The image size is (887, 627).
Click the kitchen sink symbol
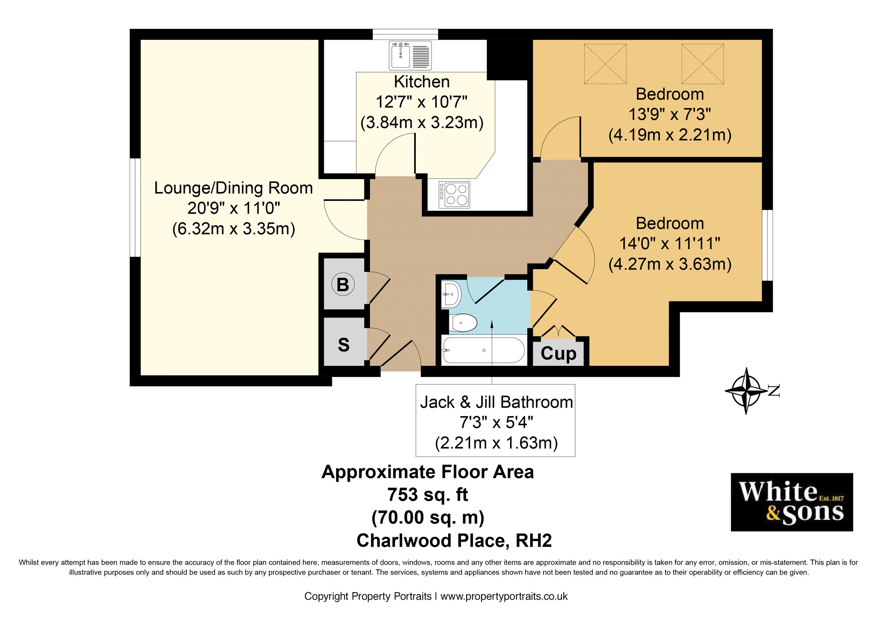point(410,55)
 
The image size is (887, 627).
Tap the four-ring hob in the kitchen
point(454,195)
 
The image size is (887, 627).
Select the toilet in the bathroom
point(463,323)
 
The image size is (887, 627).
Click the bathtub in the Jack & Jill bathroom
point(483,350)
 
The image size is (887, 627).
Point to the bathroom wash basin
point(451,294)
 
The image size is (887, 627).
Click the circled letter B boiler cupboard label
point(343,285)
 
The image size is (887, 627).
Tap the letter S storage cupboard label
point(344,345)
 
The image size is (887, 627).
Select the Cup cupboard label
point(558,353)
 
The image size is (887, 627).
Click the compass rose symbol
point(747,390)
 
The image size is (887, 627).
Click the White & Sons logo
point(791,502)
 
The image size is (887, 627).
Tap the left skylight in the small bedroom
point(605,63)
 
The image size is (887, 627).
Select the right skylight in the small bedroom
point(702,63)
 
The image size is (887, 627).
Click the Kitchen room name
point(422,82)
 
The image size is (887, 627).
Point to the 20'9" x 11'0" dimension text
point(234,208)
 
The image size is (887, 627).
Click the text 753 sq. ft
point(427,495)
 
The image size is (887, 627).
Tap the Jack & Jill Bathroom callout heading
point(496,402)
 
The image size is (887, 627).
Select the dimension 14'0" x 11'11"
point(670,243)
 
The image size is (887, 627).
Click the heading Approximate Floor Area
point(427,472)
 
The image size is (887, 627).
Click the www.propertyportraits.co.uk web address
point(504,596)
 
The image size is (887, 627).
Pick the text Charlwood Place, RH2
point(454,540)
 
